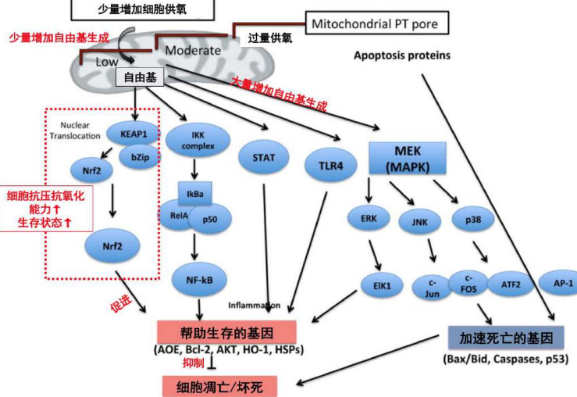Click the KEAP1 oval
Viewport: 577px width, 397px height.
tap(134, 134)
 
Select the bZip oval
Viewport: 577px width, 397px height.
tap(141, 157)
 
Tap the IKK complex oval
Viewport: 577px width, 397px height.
tap(198, 141)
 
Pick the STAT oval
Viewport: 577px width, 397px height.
tap(263, 158)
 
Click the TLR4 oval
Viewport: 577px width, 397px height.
tap(330, 166)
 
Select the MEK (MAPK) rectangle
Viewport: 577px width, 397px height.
tap(408, 159)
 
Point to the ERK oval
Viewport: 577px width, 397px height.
tap(369, 218)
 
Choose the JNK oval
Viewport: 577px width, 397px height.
tap(419, 222)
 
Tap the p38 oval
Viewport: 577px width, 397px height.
tap(473, 220)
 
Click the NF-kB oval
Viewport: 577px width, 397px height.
tap(199, 280)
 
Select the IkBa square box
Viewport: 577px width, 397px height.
tap(194, 194)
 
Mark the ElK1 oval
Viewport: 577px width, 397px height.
tap(382, 285)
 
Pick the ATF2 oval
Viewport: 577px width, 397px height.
tap(511, 284)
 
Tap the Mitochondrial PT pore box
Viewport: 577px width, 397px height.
tap(377, 23)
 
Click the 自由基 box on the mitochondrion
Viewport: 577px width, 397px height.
tap(140, 77)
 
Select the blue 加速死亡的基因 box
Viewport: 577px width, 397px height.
tap(506, 338)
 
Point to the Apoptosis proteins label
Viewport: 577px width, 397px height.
tap(402, 55)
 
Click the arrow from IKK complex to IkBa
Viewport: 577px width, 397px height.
tap(194, 170)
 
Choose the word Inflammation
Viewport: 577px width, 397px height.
tap(255, 306)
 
